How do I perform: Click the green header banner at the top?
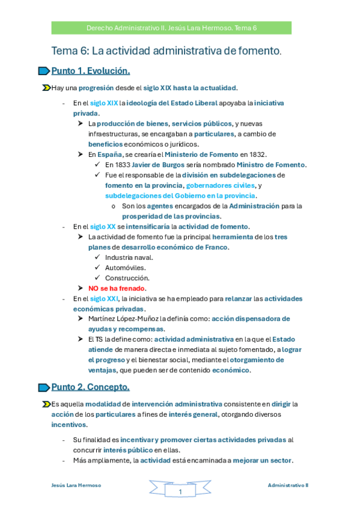(x=171, y=28)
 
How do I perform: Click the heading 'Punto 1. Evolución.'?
(x=91, y=71)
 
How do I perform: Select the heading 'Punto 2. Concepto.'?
(x=90, y=386)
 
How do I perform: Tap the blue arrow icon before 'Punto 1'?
(x=44, y=72)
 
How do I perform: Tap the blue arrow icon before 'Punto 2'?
(x=44, y=387)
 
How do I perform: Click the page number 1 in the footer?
(x=180, y=493)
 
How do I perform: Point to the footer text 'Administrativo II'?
(x=288, y=485)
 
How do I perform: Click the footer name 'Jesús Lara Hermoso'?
(x=76, y=485)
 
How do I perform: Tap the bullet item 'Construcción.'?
(x=127, y=278)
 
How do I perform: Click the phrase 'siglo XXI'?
(x=104, y=298)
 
